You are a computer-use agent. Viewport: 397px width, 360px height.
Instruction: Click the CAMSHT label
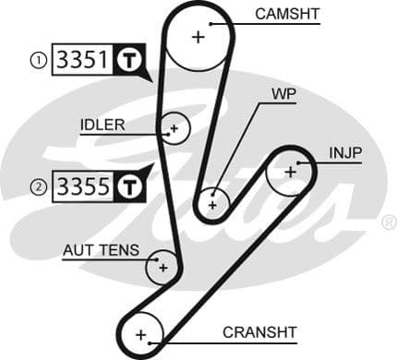point(286,14)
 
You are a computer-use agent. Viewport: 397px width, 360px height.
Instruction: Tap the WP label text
point(283,94)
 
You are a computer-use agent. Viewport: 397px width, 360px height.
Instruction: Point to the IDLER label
point(102,125)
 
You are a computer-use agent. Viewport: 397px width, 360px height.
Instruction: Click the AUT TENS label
point(101,250)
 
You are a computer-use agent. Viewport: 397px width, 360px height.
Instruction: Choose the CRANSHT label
point(259,332)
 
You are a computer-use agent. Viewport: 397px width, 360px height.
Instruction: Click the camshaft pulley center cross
point(197,37)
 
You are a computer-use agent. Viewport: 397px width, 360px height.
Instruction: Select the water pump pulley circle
point(213,202)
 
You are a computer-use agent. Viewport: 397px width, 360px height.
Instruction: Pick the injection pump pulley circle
point(290,171)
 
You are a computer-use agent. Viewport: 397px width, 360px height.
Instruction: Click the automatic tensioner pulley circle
point(162,267)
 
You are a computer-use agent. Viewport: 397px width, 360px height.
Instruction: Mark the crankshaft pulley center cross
point(141,333)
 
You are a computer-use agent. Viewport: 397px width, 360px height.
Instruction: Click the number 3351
point(82,61)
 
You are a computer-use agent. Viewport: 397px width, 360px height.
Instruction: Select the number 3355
point(82,186)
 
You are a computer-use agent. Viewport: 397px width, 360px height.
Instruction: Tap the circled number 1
point(38,61)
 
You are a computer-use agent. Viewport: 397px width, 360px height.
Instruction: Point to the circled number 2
point(38,187)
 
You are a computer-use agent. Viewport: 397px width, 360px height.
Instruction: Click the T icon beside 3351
point(129,61)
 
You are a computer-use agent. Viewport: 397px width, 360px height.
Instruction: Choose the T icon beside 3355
point(129,186)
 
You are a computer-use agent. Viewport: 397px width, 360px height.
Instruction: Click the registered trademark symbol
point(389,222)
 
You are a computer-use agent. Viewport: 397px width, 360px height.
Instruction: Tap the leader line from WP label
point(246,148)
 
